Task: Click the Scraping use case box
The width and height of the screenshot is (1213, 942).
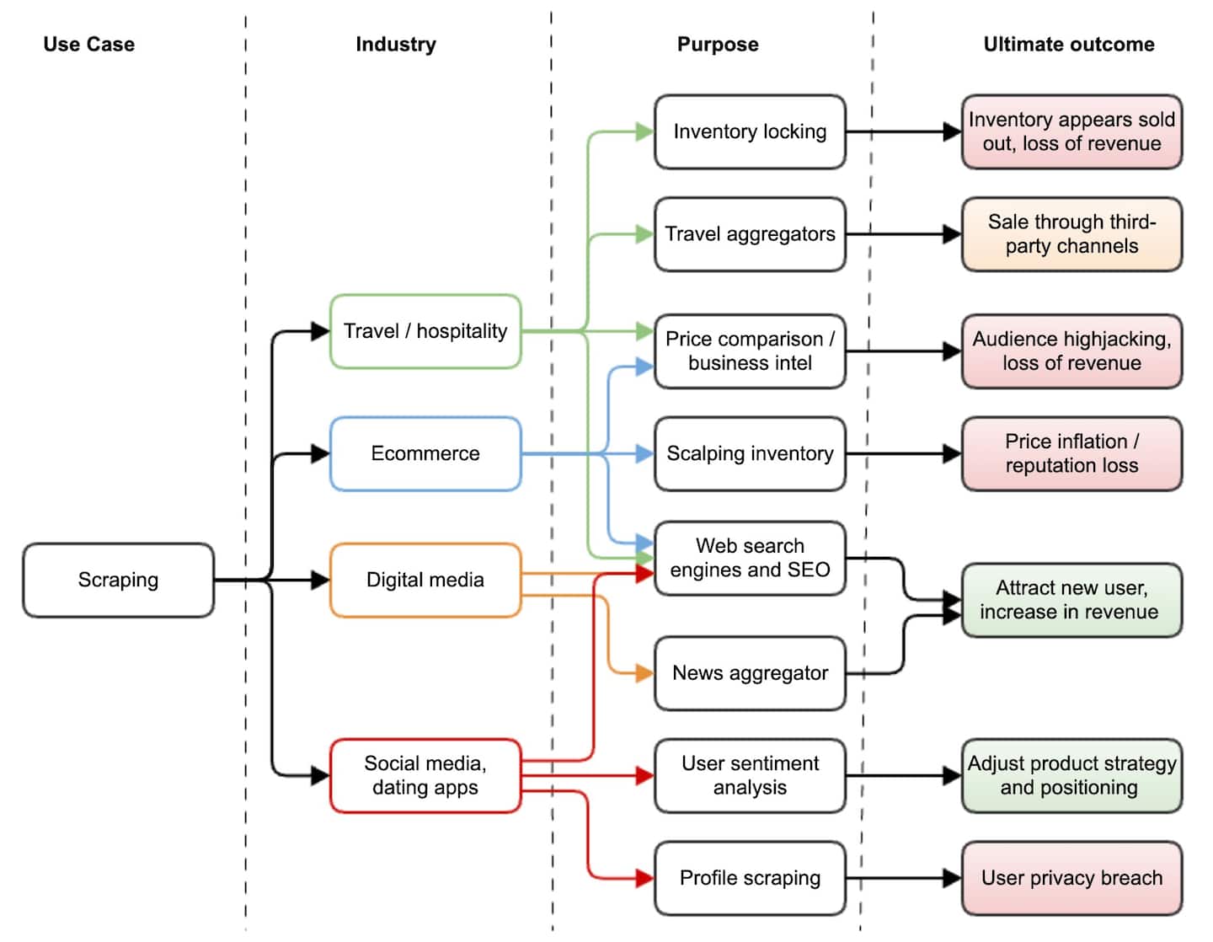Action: (118, 580)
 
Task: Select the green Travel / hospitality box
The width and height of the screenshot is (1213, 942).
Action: (425, 331)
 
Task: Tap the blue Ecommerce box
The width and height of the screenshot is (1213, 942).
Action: (425, 453)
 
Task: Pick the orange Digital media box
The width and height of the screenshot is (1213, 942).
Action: (425, 580)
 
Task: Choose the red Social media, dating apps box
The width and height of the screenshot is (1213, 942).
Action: (425, 775)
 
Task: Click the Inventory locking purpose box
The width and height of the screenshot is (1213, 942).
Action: (750, 131)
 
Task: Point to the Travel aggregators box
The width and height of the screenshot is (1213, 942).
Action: (750, 234)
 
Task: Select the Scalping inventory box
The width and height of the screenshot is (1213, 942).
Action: (750, 453)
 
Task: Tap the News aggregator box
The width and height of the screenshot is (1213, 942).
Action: (750, 673)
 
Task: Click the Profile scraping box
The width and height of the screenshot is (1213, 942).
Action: (750, 878)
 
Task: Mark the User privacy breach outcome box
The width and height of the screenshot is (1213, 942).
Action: (1071, 878)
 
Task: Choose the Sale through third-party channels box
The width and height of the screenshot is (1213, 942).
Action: (1071, 234)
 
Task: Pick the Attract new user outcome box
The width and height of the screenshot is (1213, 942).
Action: (1071, 600)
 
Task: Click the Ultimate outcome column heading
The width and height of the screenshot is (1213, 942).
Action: (1069, 45)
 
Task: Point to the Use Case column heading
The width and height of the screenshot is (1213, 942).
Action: (88, 45)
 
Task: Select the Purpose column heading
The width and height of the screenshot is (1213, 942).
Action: (718, 45)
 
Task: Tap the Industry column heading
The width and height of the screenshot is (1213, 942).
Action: (396, 45)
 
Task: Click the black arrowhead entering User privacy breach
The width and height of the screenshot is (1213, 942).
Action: (953, 878)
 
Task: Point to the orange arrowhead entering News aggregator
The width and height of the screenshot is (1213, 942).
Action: (645, 673)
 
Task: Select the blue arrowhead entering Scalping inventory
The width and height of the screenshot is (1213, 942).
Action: (645, 453)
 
